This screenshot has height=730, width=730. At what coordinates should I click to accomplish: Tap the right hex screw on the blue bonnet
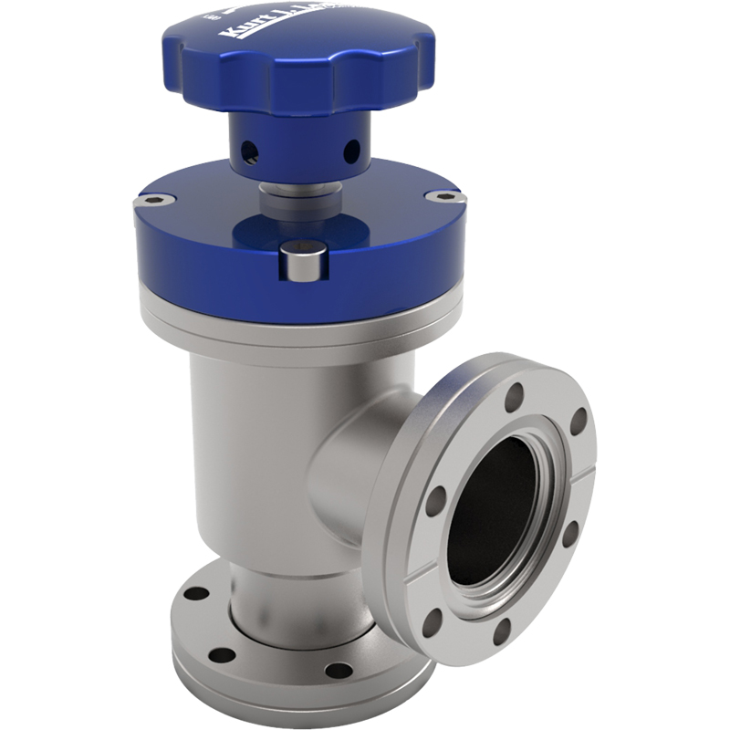click(x=444, y=196)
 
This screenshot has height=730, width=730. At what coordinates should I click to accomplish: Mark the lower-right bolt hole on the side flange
click(x=572, y=533)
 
